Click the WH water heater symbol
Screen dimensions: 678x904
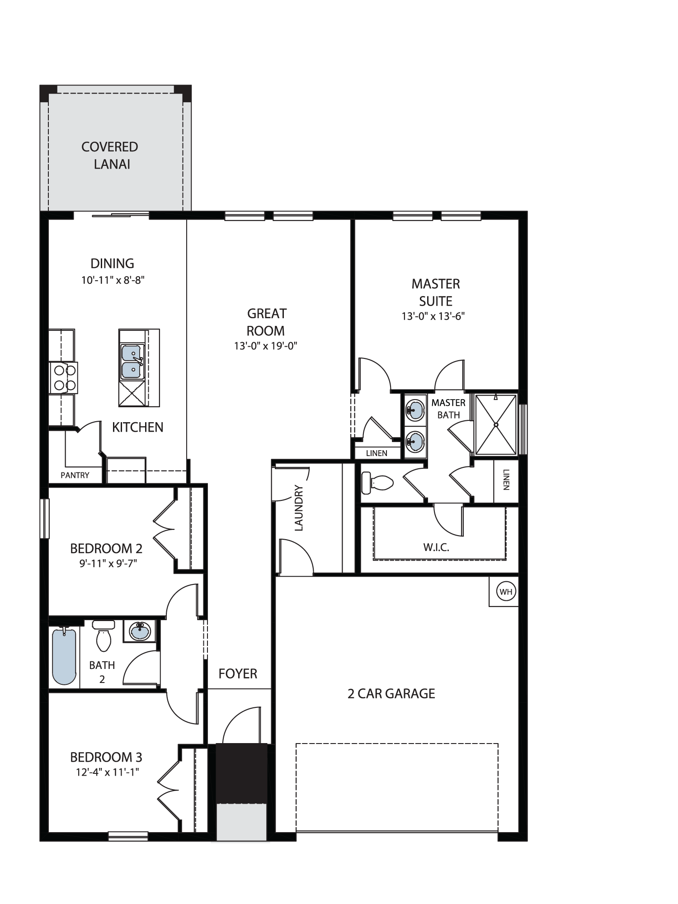506,592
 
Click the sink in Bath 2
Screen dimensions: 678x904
140,631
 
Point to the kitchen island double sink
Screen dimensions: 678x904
132,362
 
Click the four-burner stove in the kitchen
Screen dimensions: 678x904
64,378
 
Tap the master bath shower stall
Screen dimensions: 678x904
496,424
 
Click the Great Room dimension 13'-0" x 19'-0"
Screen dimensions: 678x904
265,346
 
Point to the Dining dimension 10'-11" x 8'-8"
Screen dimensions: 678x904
113,280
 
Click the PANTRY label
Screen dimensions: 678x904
75,475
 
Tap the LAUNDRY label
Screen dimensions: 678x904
299,508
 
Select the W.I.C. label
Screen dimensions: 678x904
436,547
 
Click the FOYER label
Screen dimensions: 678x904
238,674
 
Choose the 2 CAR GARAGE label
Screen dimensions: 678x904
391,694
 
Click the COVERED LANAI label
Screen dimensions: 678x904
110,155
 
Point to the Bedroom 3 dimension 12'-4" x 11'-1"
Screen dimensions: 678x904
107,772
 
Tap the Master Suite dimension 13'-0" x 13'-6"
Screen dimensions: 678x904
433,316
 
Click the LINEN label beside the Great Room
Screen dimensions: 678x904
377,453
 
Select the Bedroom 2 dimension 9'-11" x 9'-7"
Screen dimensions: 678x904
108,563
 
